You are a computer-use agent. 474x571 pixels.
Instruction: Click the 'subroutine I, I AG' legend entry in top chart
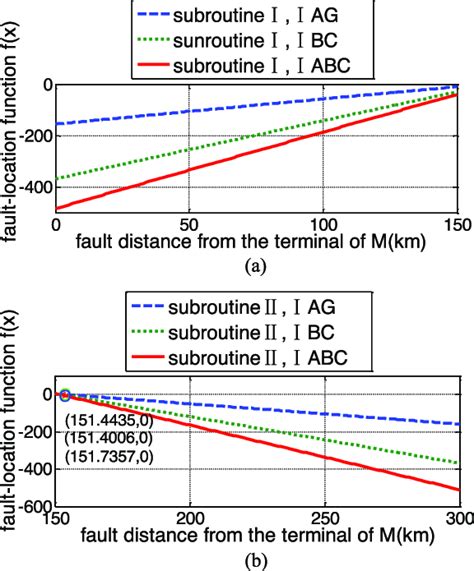coord(257,17)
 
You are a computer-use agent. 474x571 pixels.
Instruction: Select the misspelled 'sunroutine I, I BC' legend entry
coord(257,41)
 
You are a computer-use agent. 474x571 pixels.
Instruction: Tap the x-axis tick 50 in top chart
coord(187,224)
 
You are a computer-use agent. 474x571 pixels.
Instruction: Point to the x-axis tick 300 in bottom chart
coord(455,519)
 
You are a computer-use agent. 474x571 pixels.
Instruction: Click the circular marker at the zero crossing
coord(66,394)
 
